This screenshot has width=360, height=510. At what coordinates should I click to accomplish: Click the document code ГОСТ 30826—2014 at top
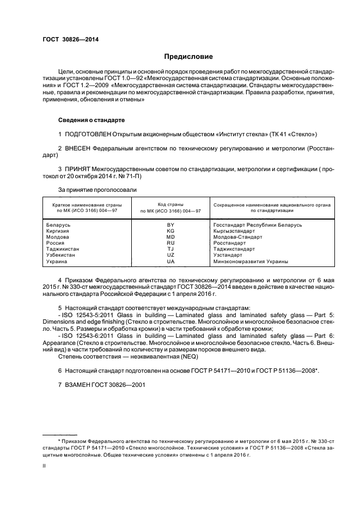pyautogui.click(x=66, y=40)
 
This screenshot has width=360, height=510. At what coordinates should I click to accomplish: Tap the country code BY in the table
pyautogui.click(x=170, y=225)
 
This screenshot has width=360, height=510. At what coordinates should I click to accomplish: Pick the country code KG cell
pyautogui.click(x=170, y=231)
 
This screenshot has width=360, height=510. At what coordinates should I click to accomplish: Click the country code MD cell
pyautogui.click(x=170, y=237)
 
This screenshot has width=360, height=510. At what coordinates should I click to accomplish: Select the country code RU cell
pyautogui.click(x=170, y=243)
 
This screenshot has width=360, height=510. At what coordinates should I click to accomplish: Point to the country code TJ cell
pyautogui.click(x=170, y=249)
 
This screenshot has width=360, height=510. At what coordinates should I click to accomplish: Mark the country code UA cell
pyautogui.click(x=170, y=262)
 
